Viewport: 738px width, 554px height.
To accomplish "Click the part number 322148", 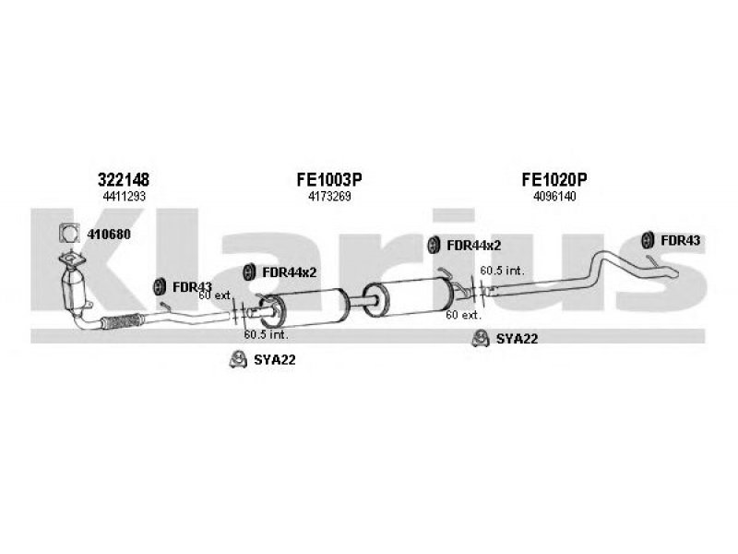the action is [124, 179].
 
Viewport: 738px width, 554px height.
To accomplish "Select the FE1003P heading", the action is [329, 179].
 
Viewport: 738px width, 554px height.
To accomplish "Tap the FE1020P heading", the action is [554, 179].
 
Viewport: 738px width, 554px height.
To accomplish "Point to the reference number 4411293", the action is [124, 197].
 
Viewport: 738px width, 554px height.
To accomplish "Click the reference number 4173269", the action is [329, 197].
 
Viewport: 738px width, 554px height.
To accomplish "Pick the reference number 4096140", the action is [554, 197].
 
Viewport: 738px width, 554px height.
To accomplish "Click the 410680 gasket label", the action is [109, 235].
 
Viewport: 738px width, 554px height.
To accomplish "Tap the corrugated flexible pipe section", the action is [121, 320].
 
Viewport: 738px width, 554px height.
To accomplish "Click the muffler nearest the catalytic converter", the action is [305, 308].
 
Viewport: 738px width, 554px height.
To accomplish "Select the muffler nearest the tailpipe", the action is [410, 297].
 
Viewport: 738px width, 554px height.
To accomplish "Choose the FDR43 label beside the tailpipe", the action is [681, 240].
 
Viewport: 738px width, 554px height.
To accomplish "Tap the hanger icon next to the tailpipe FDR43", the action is [649, 240].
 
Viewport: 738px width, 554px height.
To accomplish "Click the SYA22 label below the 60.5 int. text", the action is [274, 360].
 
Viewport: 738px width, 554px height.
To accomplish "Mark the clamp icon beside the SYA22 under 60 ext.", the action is [480, 338].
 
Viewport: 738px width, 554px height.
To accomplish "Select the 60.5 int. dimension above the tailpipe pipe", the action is [502, 271].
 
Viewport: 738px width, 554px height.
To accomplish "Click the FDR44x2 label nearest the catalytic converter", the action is [289, 272].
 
